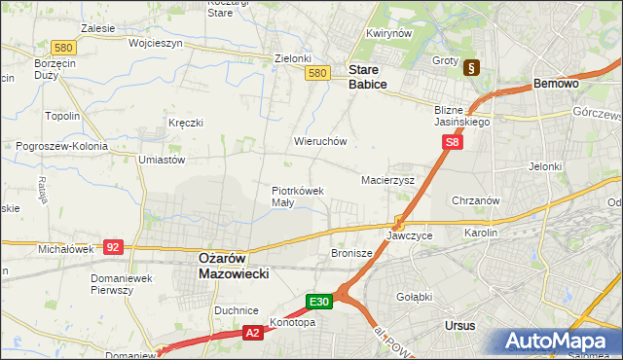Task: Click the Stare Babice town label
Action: coord(368,78)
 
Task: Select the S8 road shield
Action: coord(452,142)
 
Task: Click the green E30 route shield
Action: coord(320,302)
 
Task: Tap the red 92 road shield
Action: coord(114,247)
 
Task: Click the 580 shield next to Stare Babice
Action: coord(316,73)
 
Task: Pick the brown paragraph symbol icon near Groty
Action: coord(472,68)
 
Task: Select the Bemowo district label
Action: coord(557,85)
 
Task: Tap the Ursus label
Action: coord(457,326)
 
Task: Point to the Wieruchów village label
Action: coord(320,141)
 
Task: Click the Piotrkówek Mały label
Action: coord(297,197)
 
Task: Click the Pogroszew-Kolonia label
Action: coord(60,146)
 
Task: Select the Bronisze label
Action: coord(352,253)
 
